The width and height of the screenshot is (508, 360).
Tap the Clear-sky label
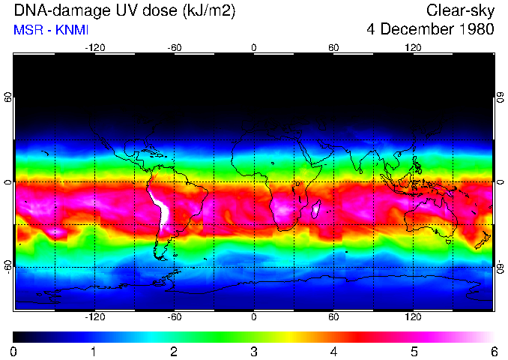point(460,11)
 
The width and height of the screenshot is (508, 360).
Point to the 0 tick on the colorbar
point(14,351)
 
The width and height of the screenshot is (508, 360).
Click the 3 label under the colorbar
point(254,351)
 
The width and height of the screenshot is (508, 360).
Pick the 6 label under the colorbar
point(493,351)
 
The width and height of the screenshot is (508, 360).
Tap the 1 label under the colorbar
point(94,351)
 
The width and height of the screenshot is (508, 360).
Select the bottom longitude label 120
point(413,317)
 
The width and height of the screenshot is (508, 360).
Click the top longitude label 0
point(254,47)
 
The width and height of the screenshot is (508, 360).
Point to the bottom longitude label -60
point(174,317)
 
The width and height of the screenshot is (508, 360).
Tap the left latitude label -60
point(8,266)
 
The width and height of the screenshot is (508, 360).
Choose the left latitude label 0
point(8,182)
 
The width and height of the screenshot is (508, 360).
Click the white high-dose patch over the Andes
point(160,206)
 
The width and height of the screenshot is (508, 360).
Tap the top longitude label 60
point(333,47)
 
